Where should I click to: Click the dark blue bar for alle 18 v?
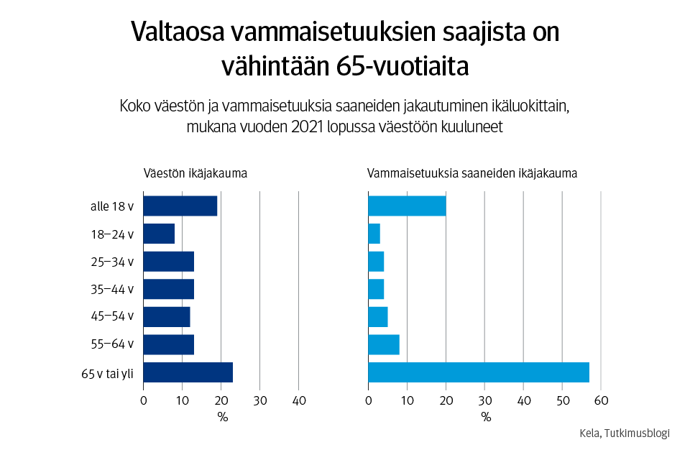[x=180, y=206]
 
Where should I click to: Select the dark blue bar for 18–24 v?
[x=159, y=234]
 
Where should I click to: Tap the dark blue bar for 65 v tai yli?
[x=188, y=372]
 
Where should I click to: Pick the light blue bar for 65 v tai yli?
[x=478, y=372]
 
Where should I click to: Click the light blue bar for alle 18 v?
[x=407, y=206]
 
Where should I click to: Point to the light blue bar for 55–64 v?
[x=383, y=344]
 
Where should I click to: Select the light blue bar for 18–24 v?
[x=374, y=234]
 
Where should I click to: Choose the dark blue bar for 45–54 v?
[x=166, y=317]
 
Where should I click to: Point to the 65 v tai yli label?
[x=108, y=373]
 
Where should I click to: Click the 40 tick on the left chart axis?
[x=299, y=400]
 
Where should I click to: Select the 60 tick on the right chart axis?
[x=602, y=400]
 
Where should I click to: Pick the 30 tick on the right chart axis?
[x=485, y=400]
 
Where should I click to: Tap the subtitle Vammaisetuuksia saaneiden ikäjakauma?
[x=472, y=173]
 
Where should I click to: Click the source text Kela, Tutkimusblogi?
[x=624, y=433]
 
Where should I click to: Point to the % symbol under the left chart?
[x=221, y=417]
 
